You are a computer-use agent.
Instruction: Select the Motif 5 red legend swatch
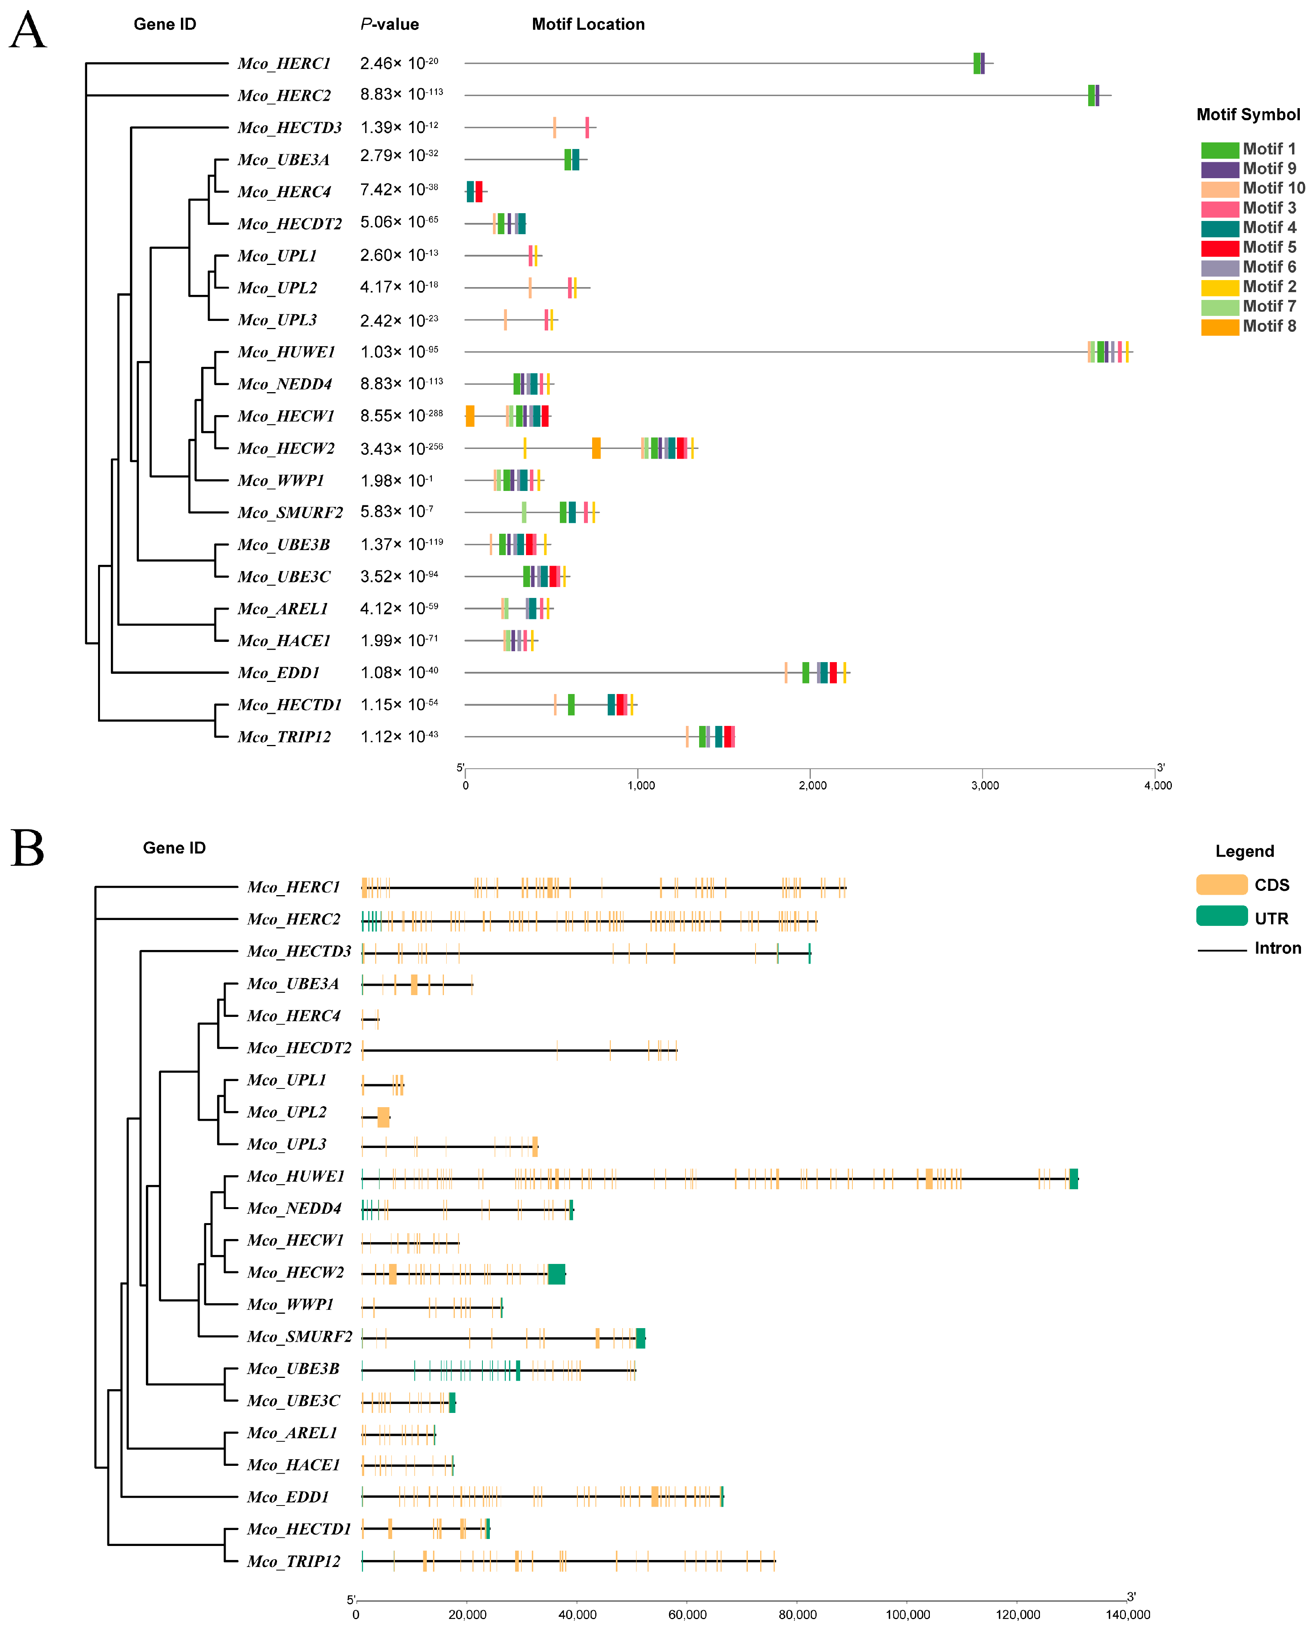(x=1219, y=248)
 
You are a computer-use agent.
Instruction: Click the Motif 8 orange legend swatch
(x=1219, y=326)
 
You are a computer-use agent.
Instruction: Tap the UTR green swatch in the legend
(x=1221, y=916)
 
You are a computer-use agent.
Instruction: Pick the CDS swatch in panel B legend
(x=1221, y=885)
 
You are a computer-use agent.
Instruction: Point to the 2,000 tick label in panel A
(x=812, y=785)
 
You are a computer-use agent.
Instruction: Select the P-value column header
(x=389, y=24)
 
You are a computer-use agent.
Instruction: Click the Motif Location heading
(x=588, y=24)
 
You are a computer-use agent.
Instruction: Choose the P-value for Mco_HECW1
(x=402, y=416)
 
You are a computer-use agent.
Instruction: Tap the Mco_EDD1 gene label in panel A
(x=279, y=673)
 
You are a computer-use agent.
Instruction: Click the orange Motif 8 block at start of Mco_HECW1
(x=470, y=416)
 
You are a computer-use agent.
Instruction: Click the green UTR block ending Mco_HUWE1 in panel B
(x=1073, y=1179)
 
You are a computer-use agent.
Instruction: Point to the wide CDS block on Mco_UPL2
(x=383, y=1117)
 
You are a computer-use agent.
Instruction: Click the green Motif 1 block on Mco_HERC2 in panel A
(x=1091, y=95)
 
